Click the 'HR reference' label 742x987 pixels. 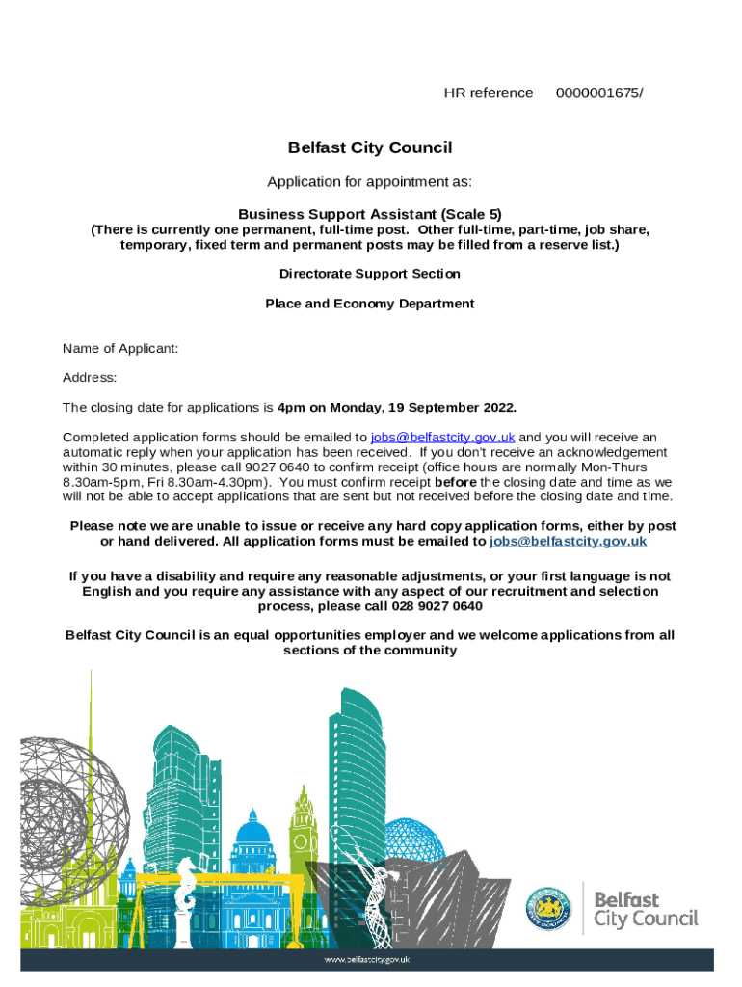488,93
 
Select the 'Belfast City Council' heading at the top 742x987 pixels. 370,148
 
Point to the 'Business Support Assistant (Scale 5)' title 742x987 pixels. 370,214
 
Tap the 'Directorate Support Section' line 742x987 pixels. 370,274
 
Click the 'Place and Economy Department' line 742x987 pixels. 370,304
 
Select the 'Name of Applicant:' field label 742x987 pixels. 120,349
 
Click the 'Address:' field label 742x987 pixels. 90,378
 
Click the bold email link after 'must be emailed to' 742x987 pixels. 568,542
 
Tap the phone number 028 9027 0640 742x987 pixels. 437,607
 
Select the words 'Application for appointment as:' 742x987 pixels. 370,182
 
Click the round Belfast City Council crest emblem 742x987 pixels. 547,908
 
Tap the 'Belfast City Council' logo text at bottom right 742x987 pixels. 645,909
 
